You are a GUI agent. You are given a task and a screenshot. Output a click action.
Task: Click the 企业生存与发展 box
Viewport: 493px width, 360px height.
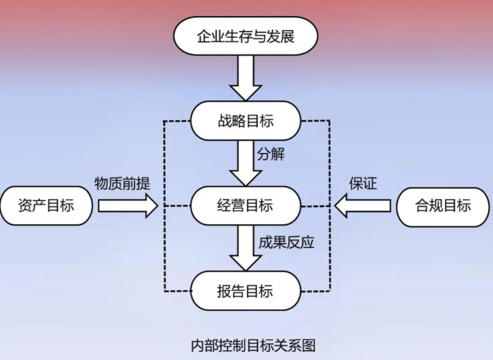pos(246,36)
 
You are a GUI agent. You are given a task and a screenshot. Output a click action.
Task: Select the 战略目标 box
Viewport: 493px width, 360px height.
pos(246,121)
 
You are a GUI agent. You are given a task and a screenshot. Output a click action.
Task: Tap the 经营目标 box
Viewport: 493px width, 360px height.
pos(246,205)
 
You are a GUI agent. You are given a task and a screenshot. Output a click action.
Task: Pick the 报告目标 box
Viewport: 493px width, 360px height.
pos(246,290)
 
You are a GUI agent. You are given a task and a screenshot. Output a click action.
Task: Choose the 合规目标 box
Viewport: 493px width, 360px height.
pos(443,205)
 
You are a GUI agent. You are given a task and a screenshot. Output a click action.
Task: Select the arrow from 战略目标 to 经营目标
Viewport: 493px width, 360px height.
pos(246,163)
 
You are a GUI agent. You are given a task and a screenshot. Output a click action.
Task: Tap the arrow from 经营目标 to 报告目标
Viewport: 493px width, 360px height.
pos(246,248)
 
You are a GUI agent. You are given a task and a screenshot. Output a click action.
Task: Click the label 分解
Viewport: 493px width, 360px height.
pos(272,153)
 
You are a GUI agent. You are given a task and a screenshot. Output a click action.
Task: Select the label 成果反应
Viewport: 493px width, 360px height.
pos(287,242)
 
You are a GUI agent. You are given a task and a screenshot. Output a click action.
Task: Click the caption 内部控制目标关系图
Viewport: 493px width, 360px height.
pos(253,344)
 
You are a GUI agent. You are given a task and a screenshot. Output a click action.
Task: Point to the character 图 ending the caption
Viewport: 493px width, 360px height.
pos(308,344)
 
